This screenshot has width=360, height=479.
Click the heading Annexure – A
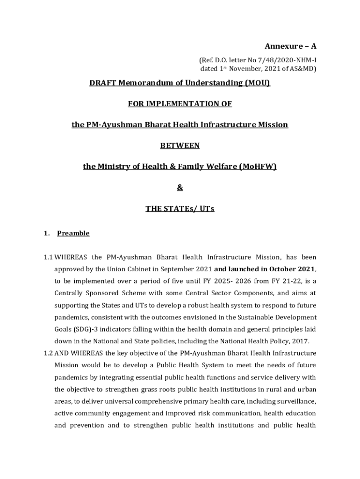[x=290, y=46]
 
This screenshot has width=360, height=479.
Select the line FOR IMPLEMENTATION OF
[x=180, y=104]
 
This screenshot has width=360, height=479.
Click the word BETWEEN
[x=180, y=145]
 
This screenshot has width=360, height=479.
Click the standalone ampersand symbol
[x=180, y=188]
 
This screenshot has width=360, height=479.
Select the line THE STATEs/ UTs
[x=180, y=209]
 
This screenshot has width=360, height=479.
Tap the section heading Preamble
[x=73, y=233]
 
